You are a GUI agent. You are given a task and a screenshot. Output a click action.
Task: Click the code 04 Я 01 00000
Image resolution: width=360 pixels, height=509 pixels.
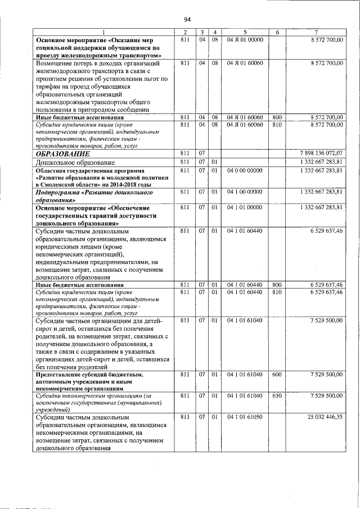click(245, 40)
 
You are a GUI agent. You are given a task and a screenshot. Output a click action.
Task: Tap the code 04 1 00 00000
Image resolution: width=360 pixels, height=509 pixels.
click(245, 192)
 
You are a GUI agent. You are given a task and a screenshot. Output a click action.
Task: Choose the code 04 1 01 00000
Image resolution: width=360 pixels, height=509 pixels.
click(245, 208)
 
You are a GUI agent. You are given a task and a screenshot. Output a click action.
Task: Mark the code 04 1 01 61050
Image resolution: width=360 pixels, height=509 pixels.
click(245, 418)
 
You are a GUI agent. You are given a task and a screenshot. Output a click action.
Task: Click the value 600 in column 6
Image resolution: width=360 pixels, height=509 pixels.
click(277, 374)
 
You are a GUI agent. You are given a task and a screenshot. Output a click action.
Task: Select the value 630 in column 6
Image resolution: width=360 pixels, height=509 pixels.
click(277, 396)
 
